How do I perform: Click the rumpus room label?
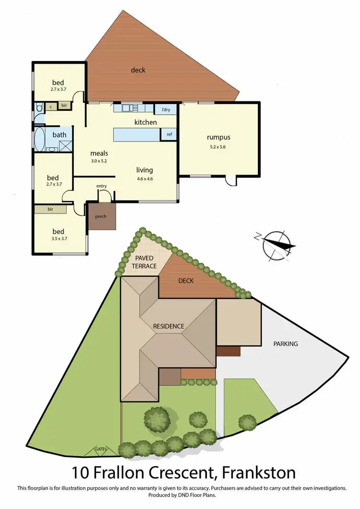pyautogui.click(x=219, y=138)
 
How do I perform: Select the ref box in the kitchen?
pyautogui.click(x=169, y=135)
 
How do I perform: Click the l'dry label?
pyautogui.click(x=166, y=110)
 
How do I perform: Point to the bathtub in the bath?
pyautogui.click(x=39, y=139)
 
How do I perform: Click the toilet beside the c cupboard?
pyautogui.click(x=38, y=107)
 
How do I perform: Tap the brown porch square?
pyautogui.click(x=101, y=217)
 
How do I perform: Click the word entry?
pyautogui.click(x=101, y=186)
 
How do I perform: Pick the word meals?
pyautogui.click(x=99, y=153)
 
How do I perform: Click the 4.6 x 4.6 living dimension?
pyautogui.click(x=144, y=178)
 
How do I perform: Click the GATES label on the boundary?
pyautogui.click(x=101, y=450)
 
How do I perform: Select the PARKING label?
pyautogui.click(x=286, y=343)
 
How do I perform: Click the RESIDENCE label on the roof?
pyautogui.click(x=168, y=326)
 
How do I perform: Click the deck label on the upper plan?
pyautogui.click(x=138, y=70)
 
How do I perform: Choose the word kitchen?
pyautogui.click(x=145, y=122)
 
